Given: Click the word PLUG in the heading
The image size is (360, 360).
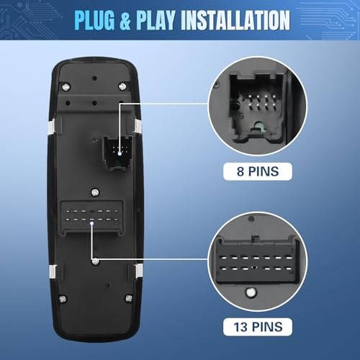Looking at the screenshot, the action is click(x=94, y=20).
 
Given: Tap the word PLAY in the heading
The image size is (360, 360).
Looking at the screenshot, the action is click(x=156, y=20).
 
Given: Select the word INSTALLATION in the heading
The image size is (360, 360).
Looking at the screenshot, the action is click(x=235, y=20).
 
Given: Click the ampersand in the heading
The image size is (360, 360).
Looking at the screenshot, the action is click(x=125, y=20).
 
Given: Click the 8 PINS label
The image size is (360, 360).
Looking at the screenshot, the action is click(x=258, y=171).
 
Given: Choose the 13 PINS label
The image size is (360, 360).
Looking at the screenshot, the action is click(x=258, y=327).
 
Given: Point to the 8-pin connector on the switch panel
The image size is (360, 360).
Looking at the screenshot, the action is click(x=118, y=153).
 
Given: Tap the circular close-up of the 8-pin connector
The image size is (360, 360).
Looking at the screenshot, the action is click(x=258, y=106).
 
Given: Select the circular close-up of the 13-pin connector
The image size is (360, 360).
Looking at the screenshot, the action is click(x=258, y=261).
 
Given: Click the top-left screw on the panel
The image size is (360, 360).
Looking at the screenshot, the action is click(x=66, y=86).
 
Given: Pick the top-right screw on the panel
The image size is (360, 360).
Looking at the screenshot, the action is click(x=122, y=86).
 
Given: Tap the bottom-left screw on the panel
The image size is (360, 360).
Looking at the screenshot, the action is click(x=63, y=299).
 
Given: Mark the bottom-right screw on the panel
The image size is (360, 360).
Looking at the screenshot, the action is click(x=129, y=298).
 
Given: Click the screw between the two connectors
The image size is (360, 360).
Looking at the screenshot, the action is click(x=95, y=192).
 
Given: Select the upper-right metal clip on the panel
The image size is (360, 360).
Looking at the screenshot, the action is click(x=138, y=126).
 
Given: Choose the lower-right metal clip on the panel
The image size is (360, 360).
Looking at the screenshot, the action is click(x=138, y=271).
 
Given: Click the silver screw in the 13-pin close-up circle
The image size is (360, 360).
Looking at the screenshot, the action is click(x=251, y=292).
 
